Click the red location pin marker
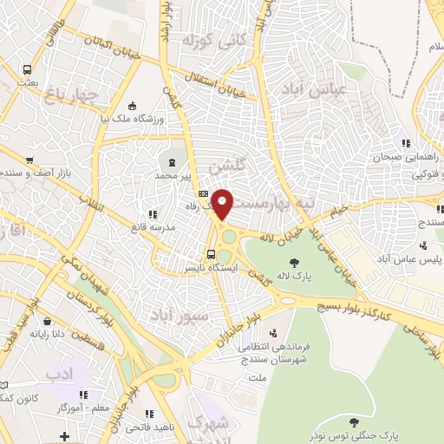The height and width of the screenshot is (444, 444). point(223,203)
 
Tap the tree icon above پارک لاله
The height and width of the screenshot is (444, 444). point(295,261)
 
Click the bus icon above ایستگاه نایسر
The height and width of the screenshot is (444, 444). point(211,254)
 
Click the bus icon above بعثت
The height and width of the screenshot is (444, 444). point(29,69)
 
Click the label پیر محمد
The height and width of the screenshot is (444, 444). point(171,176)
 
